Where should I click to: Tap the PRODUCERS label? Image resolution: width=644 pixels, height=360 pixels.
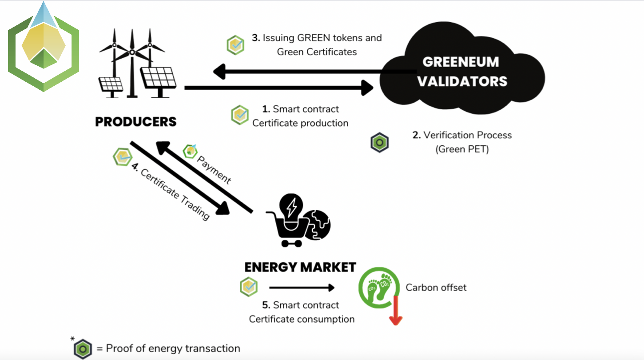click(x=136, y=122)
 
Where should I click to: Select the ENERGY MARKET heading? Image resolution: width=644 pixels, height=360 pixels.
click(x=300, y=267)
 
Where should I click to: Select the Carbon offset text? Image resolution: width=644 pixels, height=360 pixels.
click(x=436, y=288)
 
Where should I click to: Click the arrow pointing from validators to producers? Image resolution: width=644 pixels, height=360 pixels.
click(x=302, y=71)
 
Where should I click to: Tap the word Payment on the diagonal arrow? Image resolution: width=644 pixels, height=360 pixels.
click(x=214, y=170)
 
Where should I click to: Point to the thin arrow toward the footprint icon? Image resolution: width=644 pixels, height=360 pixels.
click(x=302, y=288)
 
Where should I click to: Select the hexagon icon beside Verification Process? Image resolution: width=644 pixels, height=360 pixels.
click(x=380, y=143)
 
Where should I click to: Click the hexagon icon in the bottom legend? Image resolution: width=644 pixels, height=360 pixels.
click(x=83, y=349)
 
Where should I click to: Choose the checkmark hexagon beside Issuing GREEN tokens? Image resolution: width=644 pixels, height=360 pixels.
click(x=235, y=45)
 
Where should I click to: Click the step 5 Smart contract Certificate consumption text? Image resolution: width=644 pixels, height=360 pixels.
click(x=302, y=312)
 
